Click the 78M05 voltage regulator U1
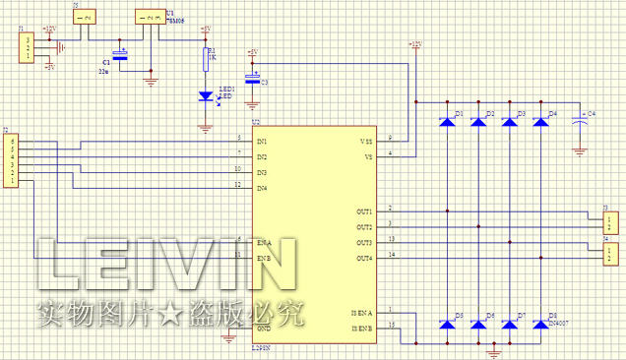[x=151, y=18]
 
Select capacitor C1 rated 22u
[x=121, y=57]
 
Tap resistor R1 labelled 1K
[x=206, y=59]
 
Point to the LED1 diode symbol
[x=206, y=96]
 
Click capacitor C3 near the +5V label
[x=252, y=82]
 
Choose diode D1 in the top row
[x=447, y=122]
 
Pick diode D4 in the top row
[x=539, y=122]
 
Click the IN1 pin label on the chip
[x=263, y=143]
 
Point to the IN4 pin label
[x=263, y=188]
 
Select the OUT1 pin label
[x=363, y=211]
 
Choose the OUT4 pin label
[x=363, y=258]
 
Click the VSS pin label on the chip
[x=366, y=142]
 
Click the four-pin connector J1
[x=26, y=47]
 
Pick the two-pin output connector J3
[x=610, y=219]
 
